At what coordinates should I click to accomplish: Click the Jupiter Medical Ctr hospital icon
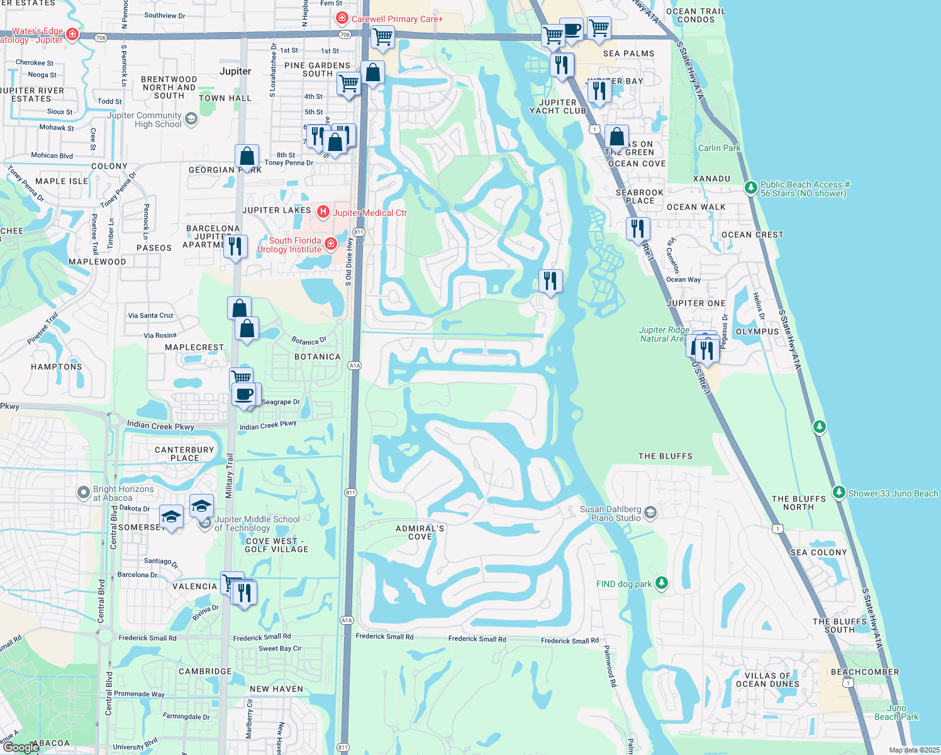(323, 212)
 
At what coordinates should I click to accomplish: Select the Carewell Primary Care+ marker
(342, 19)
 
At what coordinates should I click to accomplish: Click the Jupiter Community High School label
(145, 120)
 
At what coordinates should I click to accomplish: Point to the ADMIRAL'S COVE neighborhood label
(420, 532)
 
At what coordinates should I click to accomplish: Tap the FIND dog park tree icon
(661, 583)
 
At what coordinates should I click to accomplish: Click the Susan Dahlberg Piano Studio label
(610, 513)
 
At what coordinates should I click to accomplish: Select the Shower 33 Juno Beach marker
(838, 493)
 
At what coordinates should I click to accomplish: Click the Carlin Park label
(719, 148)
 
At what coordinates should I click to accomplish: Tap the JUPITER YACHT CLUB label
(558, 106)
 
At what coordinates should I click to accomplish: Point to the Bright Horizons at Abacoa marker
(84, 493)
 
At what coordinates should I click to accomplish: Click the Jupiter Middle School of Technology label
(257, 523)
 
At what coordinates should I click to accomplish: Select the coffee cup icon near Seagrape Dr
(243, 395)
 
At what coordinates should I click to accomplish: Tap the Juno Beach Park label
(896, 712)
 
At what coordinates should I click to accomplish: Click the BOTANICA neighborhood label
(318, 357)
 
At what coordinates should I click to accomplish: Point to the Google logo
(21, 747)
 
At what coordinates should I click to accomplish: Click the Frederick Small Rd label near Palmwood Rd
(570, 640)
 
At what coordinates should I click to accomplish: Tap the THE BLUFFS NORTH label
(798, 503)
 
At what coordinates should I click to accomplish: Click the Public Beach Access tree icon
(750, 187)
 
